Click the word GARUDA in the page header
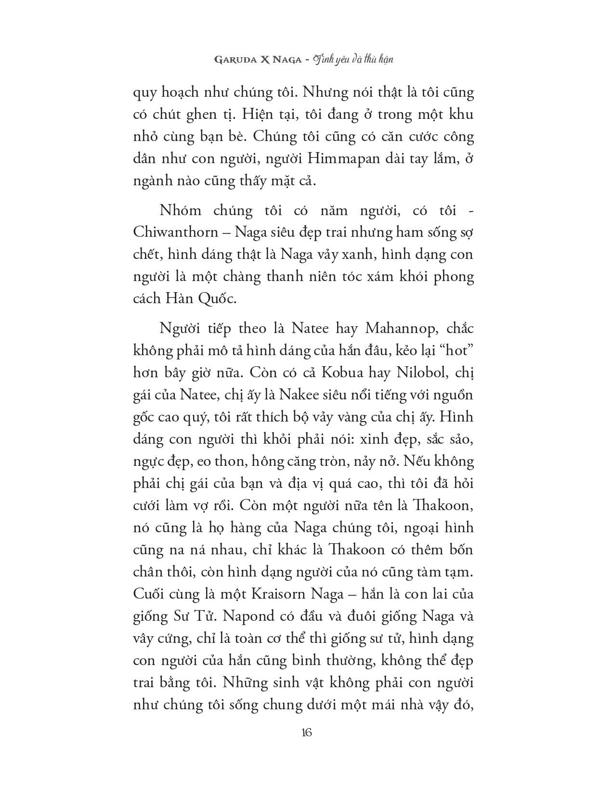(x=231, y=60)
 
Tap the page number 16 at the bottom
(x=307, y=732)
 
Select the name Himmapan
(x=297, y=159)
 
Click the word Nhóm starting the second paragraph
(x=179, y=210)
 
